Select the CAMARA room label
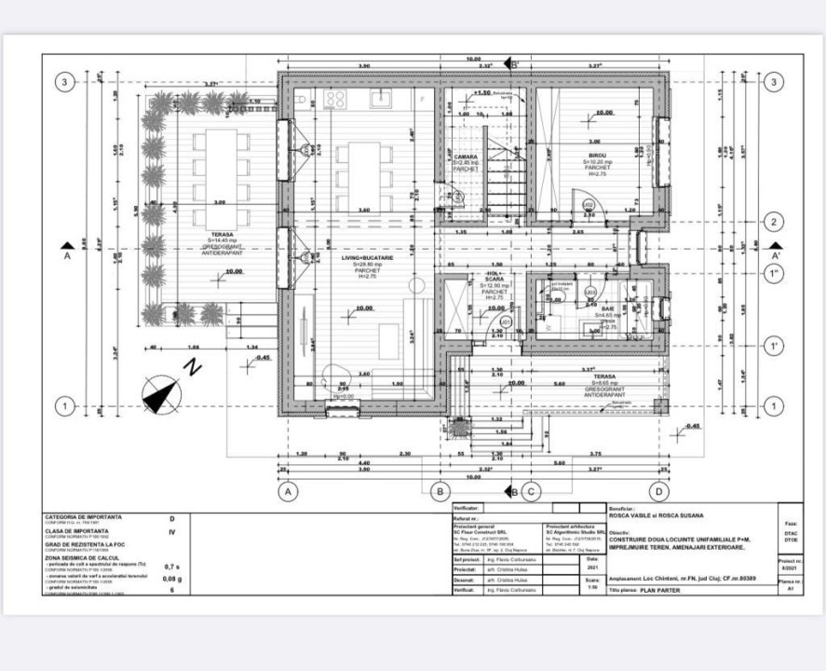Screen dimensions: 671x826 tap(466, 157)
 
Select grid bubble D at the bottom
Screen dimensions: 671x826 tap(659, 489)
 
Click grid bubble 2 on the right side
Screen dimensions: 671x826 tap(772, 222)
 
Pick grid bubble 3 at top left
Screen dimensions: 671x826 tap(64, 83)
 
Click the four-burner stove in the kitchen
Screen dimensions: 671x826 tap(335, 99)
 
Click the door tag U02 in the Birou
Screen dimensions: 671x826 tap(589, 204)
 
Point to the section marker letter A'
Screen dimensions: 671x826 tap(776, 252)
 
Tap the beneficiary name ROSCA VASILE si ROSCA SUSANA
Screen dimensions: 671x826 tap(656, 514)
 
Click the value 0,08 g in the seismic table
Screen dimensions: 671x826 tap(170, 579)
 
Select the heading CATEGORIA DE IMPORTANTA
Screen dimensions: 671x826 tap(83, 515)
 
